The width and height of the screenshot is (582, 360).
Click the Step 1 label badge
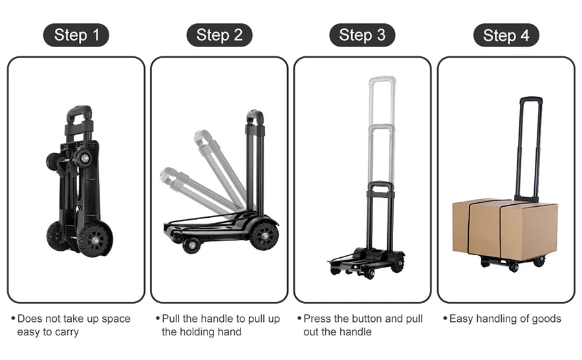point(76,35)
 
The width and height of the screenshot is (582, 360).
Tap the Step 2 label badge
point(219,35)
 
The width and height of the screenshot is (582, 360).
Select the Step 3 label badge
point(362,35)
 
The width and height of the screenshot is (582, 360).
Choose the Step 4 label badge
point(506,35)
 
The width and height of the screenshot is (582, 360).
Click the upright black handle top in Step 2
point(255,116)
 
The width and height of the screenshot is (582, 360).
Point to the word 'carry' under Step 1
point(66,332)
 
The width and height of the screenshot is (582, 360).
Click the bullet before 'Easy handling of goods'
point(445,319)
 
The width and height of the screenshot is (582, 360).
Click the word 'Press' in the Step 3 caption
point(318,319)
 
